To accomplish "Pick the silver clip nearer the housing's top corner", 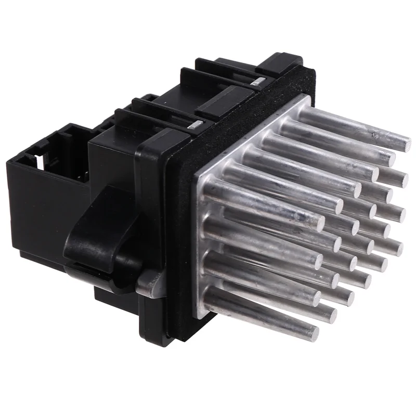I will pyautogui.click(x=256, y=81).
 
